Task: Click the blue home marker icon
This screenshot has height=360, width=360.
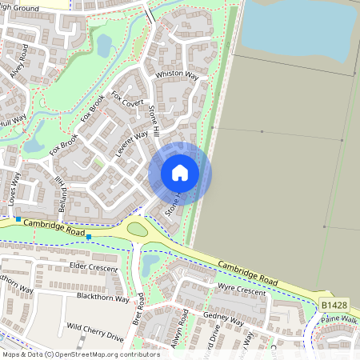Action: click(x=180, y=173)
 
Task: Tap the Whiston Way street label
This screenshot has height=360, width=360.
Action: click(x=177, y=74)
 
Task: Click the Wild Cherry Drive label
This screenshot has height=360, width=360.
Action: click(x=98, y=327)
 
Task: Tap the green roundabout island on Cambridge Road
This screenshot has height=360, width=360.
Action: click(x=138, y=230)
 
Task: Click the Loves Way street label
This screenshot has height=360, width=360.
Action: click(x=14, y=192)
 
